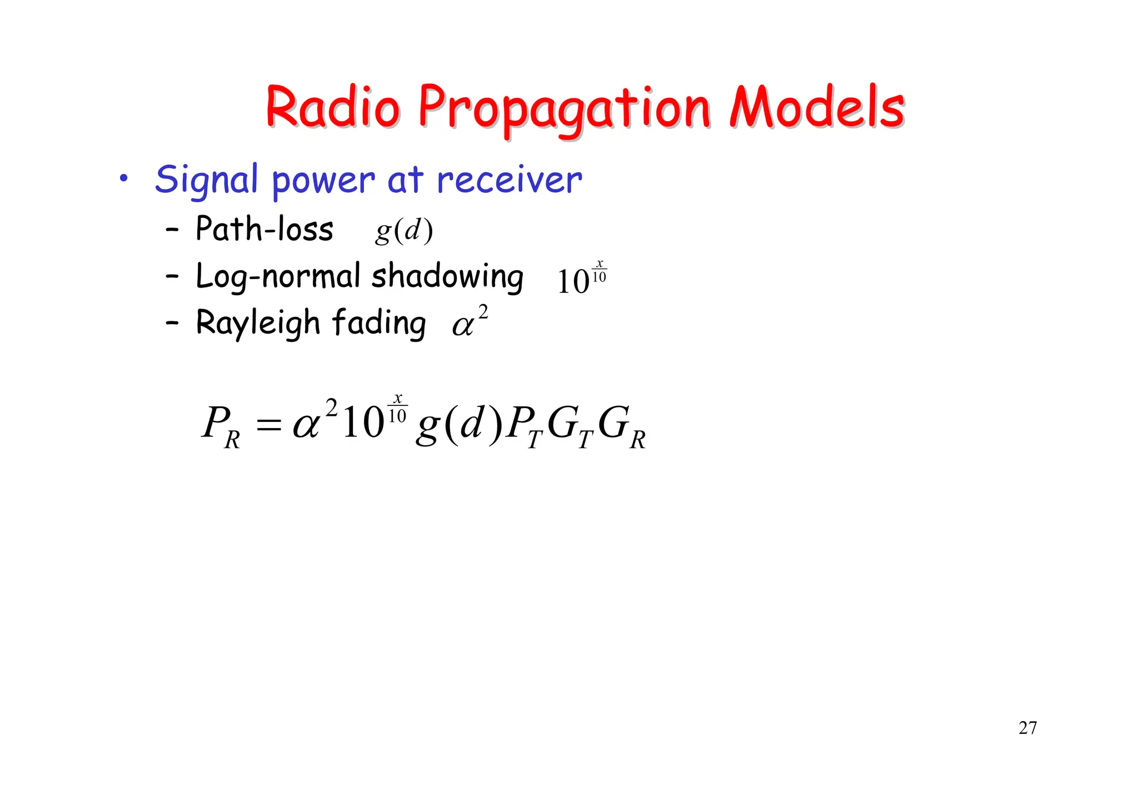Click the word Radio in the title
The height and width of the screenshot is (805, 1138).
[x=332, y=107]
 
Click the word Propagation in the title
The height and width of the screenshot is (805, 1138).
[x=564, y=108]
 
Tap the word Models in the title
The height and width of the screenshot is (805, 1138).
[x=817, y=107]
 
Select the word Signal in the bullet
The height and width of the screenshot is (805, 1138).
[x=206, y=180]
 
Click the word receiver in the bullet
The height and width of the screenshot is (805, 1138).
[x=509, y=180]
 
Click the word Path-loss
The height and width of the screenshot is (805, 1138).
[x=264, y=228]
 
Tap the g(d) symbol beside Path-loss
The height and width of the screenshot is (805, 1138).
[x=404, y=230]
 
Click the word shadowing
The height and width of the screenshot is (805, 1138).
[x=447, y=276]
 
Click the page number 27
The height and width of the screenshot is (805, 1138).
[x=1027, y=728]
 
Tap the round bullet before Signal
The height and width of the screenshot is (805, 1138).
[x=123, y=178]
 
